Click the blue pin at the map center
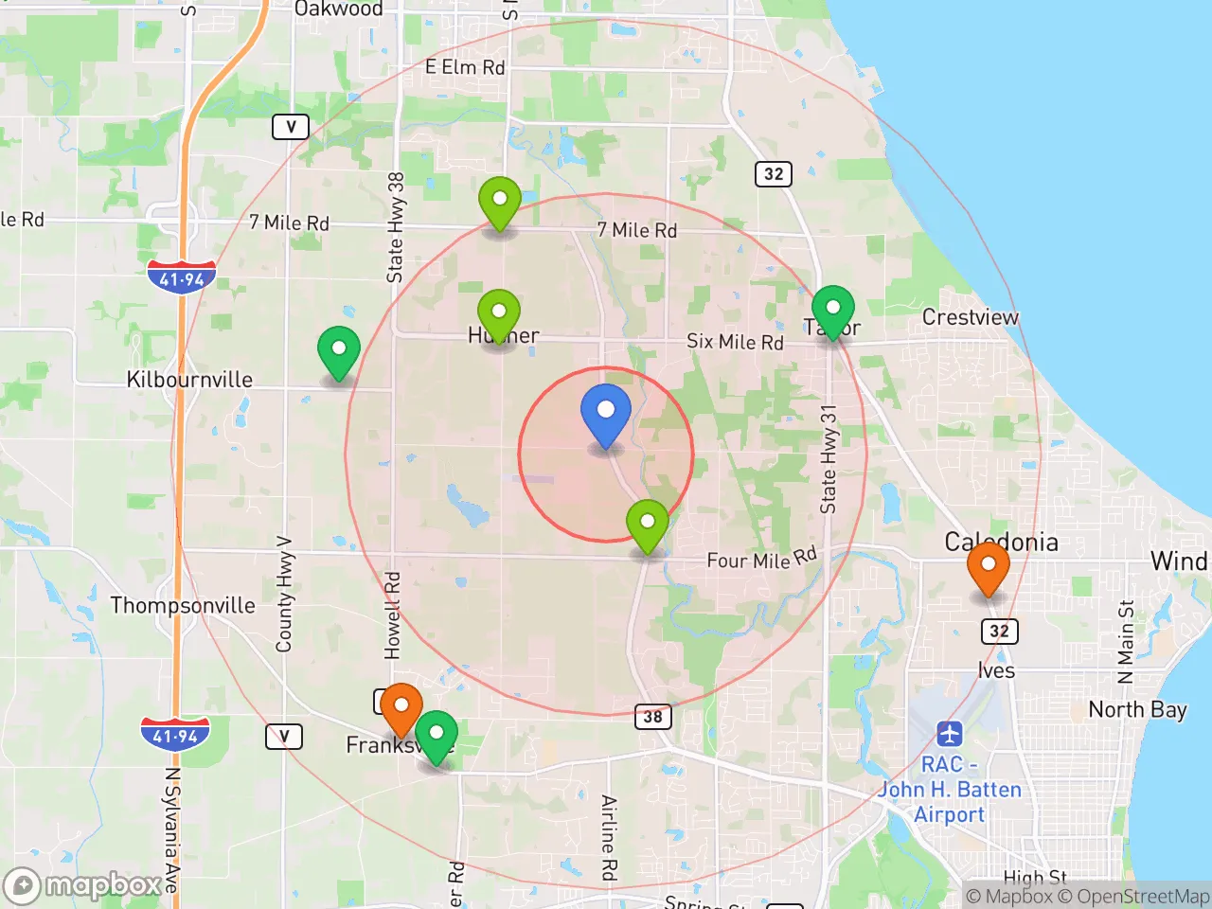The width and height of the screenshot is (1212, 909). tap(605, 413)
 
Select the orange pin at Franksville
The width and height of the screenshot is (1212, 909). tap(401, 707)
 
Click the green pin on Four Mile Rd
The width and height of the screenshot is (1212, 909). tap(648, 524)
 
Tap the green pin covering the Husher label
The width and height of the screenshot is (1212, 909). tap(499, 314)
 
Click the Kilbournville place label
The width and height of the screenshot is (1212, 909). tap(189, 380)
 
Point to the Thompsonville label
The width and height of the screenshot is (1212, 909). tap(183, 605)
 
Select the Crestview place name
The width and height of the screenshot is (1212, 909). tap(970, 317)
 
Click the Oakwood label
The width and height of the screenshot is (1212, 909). tap(338, 9)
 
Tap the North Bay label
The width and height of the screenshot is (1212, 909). tap(1137, 709)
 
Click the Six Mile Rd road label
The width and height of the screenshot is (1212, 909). tap(735, 342)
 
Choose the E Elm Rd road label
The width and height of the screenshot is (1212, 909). tap(465, 67)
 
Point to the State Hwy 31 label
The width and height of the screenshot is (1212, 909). tap(829, 459)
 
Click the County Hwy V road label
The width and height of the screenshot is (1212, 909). tap(284, 594)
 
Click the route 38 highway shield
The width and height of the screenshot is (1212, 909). tap(652, 717)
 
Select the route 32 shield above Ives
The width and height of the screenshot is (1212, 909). tap(999, 632)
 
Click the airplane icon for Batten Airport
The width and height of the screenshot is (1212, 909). tap(949, 734)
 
